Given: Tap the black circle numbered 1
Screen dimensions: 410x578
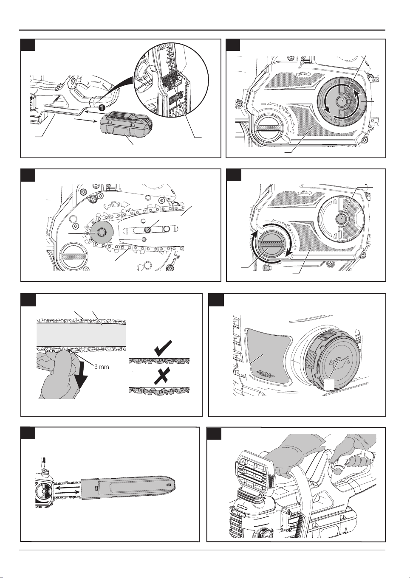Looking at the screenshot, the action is tap(102, 108).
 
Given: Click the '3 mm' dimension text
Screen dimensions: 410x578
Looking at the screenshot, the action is tap(102, 366).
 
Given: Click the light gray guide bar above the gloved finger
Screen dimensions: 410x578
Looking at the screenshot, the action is tap(82, 335).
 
